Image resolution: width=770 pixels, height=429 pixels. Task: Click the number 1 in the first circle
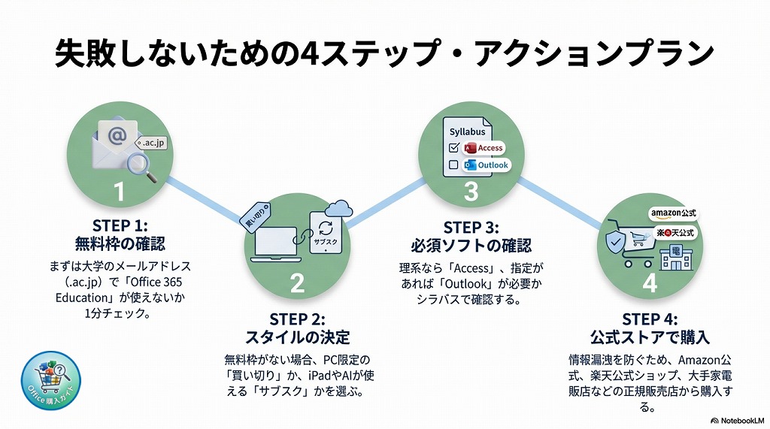(x=119, y=191)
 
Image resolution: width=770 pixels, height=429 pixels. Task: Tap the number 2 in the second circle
(x=297, y=282)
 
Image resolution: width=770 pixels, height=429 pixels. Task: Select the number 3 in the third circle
(x=471, y=191)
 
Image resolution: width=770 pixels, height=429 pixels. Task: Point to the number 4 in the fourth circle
(x=649, y=283)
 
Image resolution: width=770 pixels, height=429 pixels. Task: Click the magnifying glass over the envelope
(x=144, y=167)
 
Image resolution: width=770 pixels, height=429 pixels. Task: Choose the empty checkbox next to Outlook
(x=453, y=165)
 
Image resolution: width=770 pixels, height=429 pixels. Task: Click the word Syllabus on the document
(x=467, y=132)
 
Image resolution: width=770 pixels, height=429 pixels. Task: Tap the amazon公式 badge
(x=674, y=214)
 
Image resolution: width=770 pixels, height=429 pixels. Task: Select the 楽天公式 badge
(x=675, y=232)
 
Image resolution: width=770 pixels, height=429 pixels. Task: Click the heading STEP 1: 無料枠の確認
(x=119, y=234)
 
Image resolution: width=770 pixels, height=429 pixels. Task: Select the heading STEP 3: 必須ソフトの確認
(x=471, y=236)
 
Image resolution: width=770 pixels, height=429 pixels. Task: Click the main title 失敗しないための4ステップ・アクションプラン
(x=384, y=54)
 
